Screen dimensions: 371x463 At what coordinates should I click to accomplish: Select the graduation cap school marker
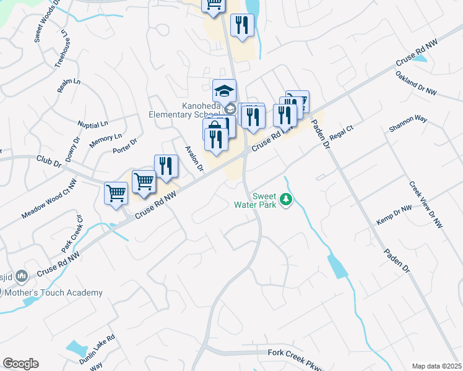(224, 92)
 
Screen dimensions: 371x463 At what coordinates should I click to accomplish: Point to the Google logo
(20, 364)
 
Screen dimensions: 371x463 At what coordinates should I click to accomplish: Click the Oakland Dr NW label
(416, 83)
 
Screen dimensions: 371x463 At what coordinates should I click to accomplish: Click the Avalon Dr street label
(194, 159)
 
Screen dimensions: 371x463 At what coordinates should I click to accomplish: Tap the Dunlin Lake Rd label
(97, 349)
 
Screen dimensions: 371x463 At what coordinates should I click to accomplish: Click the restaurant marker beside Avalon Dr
(166, 166)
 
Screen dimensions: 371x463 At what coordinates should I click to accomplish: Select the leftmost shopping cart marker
(116, 194)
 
